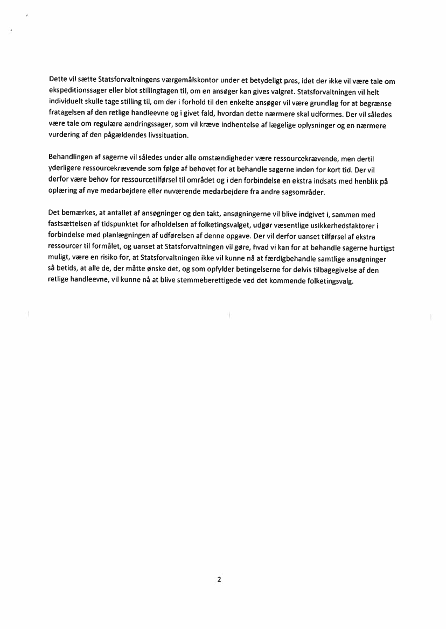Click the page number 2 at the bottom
click(219, 579)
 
